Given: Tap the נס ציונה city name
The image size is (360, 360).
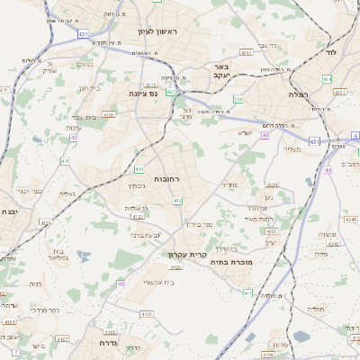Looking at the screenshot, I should tap(142, 93).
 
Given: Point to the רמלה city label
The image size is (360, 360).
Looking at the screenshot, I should tap(299, 94).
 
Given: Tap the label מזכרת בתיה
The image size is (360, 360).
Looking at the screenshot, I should tap(231, 263).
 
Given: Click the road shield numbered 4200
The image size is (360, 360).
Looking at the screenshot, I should tap(109, 115).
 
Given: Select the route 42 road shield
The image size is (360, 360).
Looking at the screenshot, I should tap(74, 138).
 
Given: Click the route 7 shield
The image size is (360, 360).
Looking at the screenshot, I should tap(16, 349).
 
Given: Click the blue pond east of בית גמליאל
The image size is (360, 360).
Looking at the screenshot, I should tap(83, 256).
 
